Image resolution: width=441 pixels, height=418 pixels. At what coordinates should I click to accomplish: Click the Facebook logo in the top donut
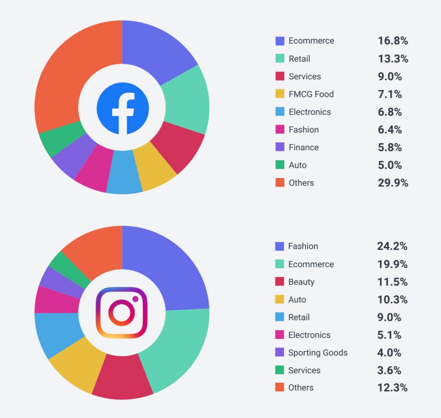122,108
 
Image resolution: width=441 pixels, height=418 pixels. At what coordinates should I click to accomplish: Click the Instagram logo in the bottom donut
121,313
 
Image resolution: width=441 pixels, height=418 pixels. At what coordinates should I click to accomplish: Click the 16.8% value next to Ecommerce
393,41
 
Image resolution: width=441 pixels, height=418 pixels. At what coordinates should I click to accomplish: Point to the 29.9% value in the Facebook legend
393,183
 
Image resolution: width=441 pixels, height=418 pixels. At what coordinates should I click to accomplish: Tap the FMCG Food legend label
311,94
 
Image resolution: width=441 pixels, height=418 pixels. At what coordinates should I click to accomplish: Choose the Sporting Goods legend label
318,353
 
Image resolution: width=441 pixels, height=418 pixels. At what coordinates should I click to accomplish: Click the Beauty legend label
301,282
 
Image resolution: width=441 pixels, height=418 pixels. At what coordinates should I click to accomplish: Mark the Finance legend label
304,148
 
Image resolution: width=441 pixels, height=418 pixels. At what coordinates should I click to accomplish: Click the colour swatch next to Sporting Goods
280,353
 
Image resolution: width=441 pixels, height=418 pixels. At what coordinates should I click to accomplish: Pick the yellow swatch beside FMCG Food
280,94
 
